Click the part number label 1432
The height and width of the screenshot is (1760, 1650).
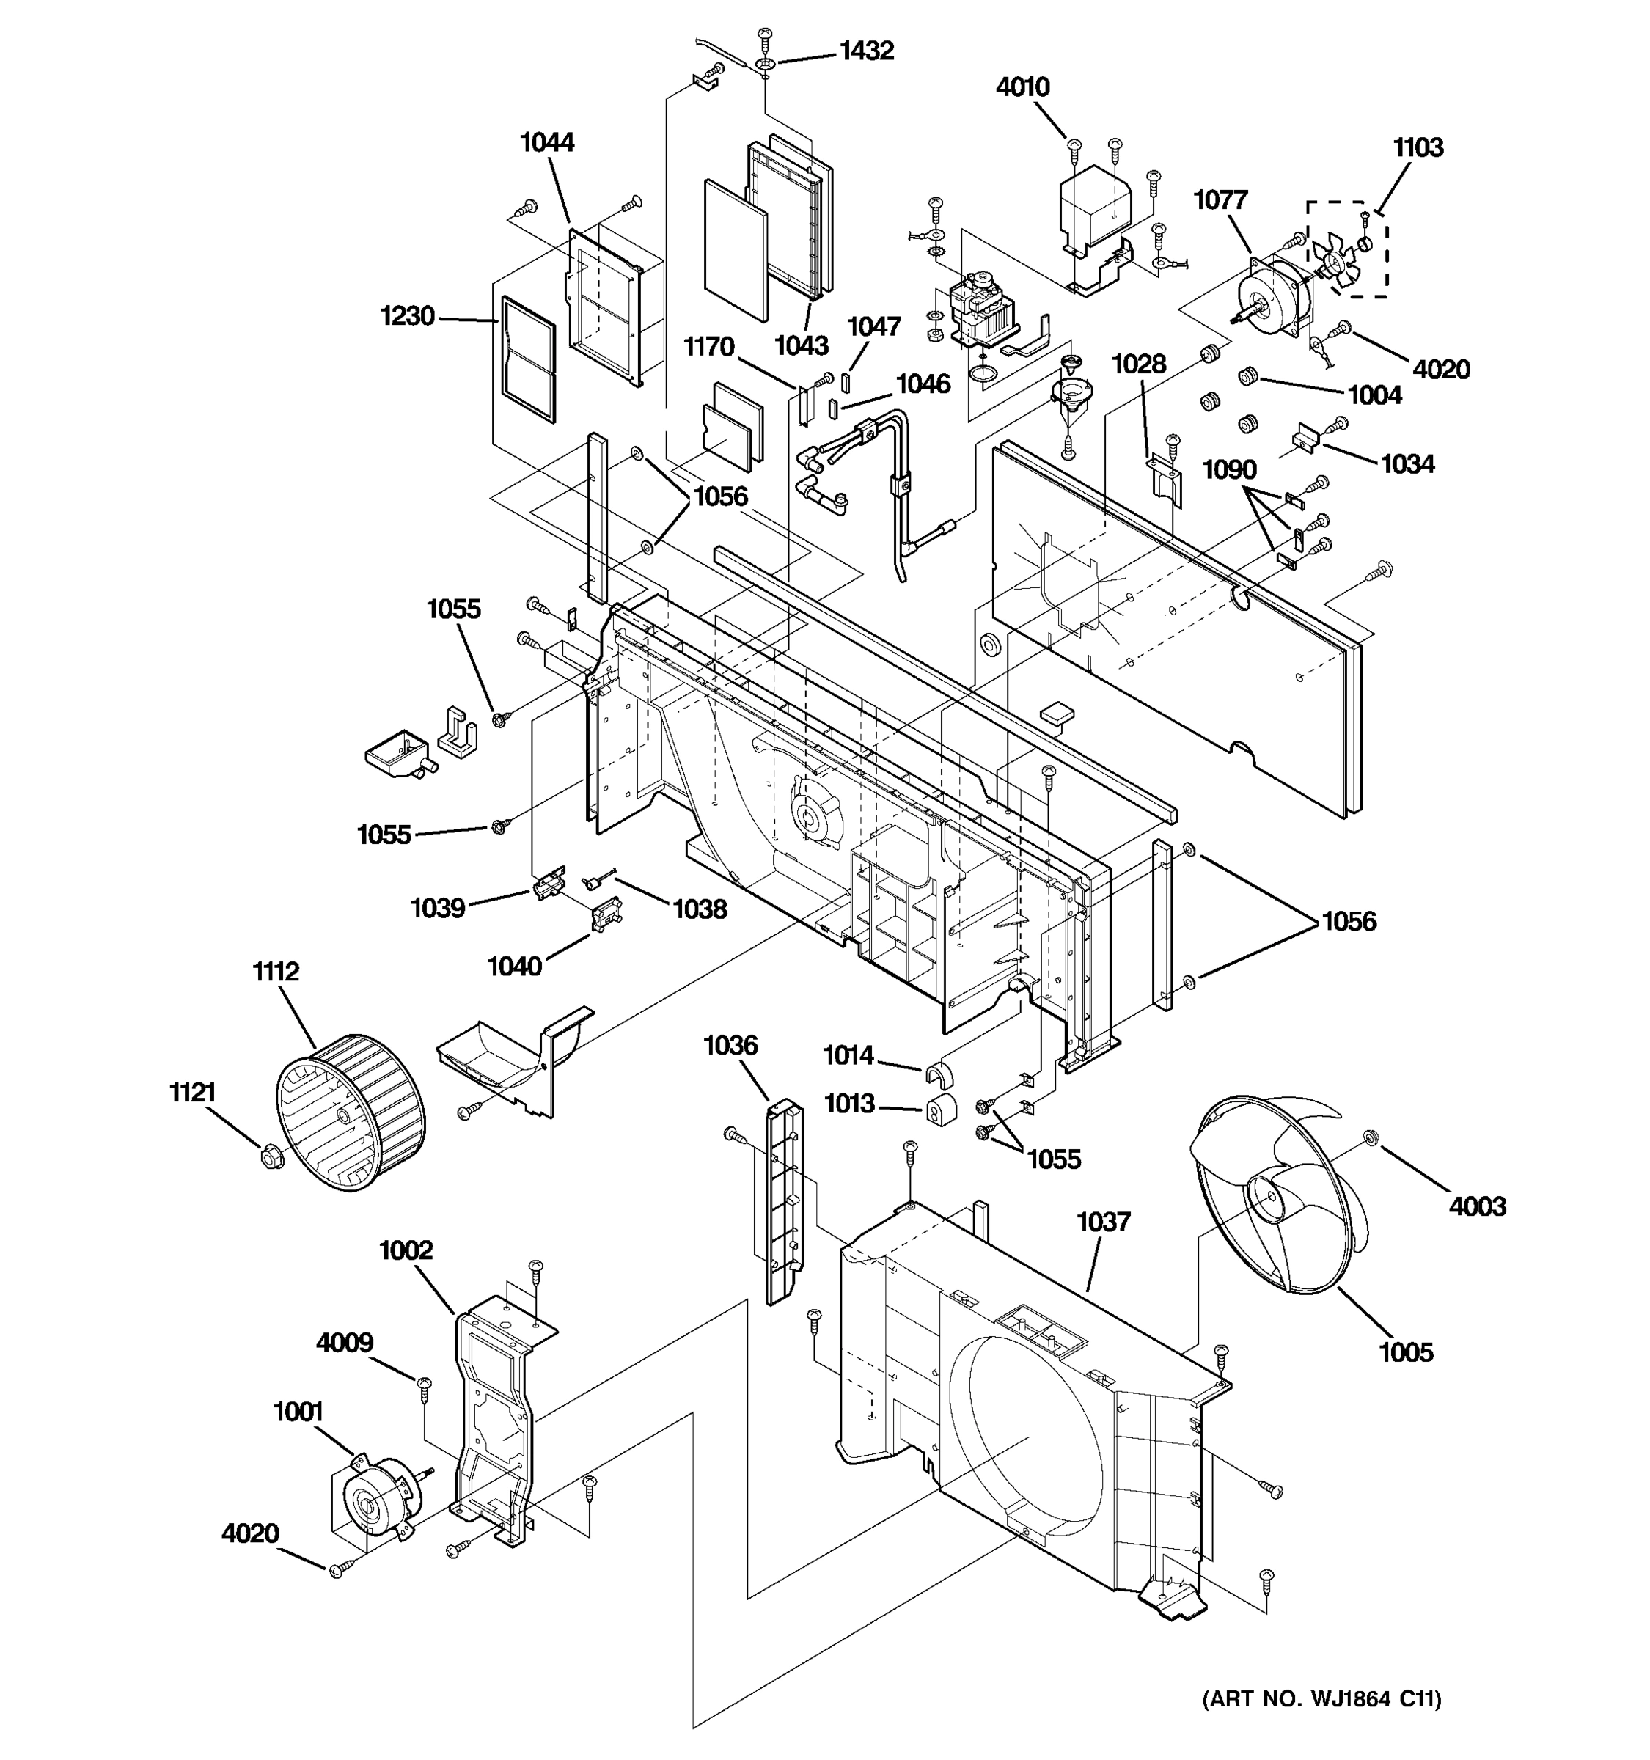point(866,51)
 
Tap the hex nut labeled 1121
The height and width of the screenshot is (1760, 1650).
point(268,1156)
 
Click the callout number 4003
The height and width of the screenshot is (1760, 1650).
point(1476,1206)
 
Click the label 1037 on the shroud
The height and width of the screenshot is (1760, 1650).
point(1103,1222)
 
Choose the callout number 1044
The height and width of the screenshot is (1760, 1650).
point(546,142)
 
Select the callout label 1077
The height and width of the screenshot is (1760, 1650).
point(1220,200)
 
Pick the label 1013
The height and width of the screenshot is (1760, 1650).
point(849,1103)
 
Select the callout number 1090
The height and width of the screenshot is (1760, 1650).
point(1228,469)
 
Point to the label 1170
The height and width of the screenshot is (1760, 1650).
point(708,347)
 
